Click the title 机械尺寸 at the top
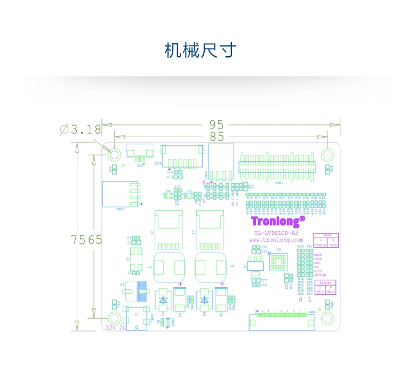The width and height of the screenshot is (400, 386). pos(200,51)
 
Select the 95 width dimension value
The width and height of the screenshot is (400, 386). pos(216,124)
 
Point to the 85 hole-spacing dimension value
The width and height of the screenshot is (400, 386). pos(216,137)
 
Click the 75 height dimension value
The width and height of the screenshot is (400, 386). pos(78,240)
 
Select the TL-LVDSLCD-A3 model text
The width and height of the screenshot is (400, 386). pos(276,233)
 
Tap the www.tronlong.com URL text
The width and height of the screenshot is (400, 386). pos(276,240)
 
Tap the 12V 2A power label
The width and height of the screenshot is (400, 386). pos(116,327)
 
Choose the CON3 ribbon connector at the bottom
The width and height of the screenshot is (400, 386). pos(280,320)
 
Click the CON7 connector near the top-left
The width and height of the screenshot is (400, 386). pos(140,153)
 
